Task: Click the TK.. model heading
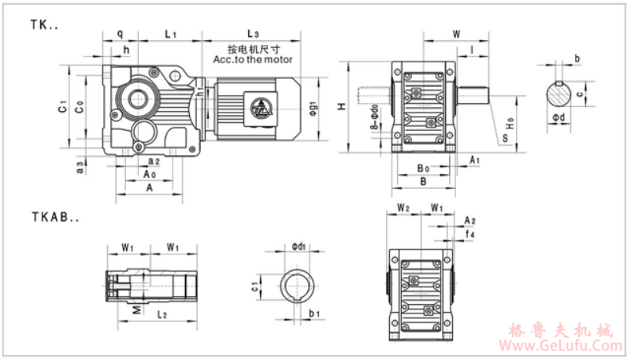pyautogui.click(x=44, y=25)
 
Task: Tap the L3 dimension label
pyautogui.click(x=253, y=34)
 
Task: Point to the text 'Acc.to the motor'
pyautogui.click(x=253, y=59)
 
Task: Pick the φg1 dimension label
pyautogui.click(x=313, y=105)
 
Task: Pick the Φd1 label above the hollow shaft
pyautogui.click(x=298, y=247)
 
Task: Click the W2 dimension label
pyautogui.click(x=403, y=209)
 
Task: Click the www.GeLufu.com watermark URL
pyautogui.click(x=562, y=345)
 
